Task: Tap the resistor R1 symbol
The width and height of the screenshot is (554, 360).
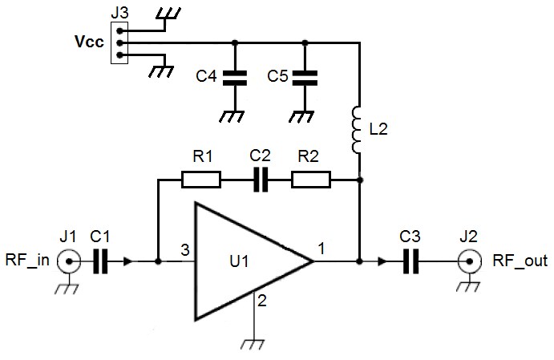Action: (201, 180)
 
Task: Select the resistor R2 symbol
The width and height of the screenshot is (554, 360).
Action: (310, 180)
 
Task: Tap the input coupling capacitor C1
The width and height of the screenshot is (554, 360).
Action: (100, 261)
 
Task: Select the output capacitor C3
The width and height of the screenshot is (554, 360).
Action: (411, 261)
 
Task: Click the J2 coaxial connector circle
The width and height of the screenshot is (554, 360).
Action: (467, 261)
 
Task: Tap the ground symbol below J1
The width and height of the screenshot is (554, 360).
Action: (69, 289)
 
